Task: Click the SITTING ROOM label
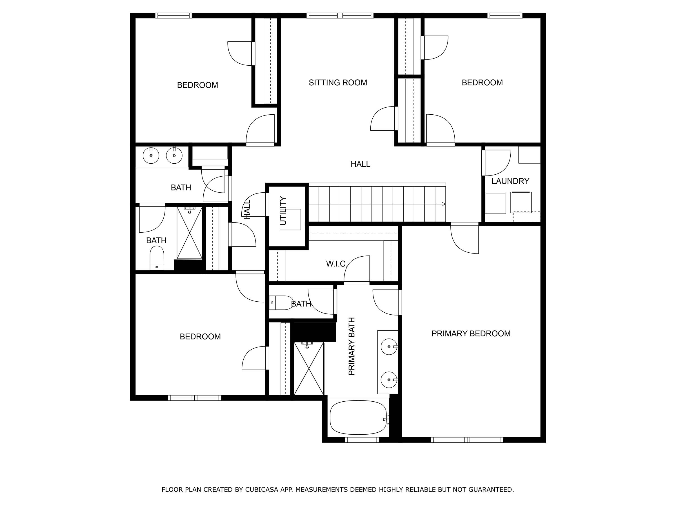click(338, 83)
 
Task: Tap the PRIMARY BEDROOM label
click(471, 333)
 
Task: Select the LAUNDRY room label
click(510, 181)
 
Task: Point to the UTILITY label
click(283, 211)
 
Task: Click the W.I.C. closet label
click(336, 263)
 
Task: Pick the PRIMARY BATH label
click(352, 346)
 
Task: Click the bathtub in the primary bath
click(358, 417)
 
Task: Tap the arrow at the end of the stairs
click(443, 204)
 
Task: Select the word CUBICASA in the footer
click(262, 490)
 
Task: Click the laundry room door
click(497, 163)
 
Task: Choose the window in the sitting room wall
click(340, 15)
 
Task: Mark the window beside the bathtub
click(362, 440)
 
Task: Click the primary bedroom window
click(467, 440)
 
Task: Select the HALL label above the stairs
click(360, 164)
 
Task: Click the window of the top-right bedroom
click(504, 15)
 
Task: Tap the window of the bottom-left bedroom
click(194, 398)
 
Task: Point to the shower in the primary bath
click(309, 368)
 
